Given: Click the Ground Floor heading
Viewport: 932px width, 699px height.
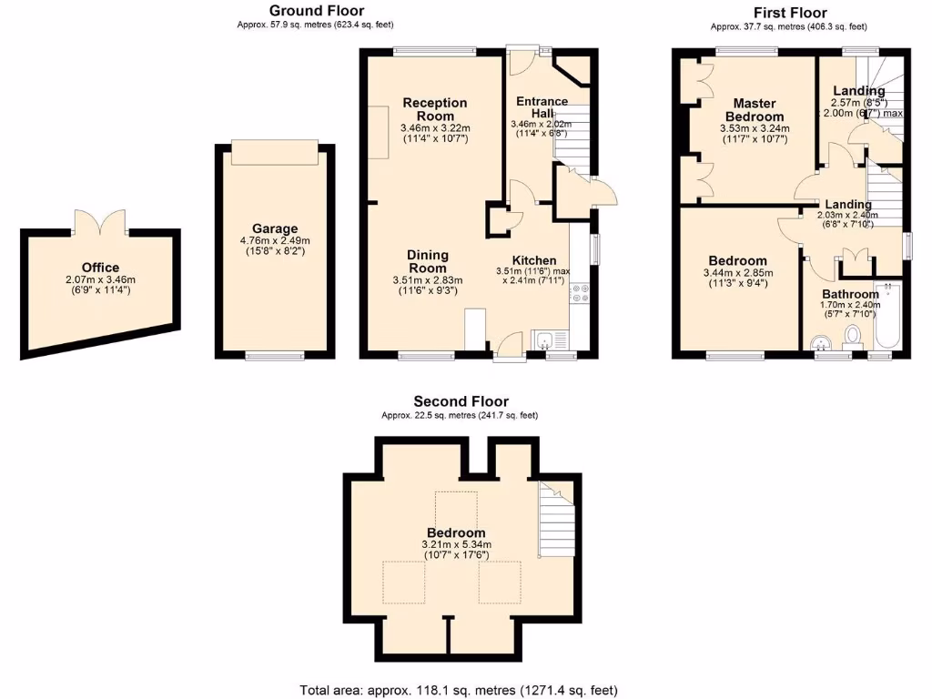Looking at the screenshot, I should click(316, 11).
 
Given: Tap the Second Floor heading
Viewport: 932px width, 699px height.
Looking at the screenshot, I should click(461, 401).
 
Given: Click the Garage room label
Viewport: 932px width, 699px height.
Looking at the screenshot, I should click(276, 229).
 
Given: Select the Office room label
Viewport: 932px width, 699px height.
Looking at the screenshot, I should click(98, 268).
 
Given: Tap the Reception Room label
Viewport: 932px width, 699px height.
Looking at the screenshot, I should click(435, 109).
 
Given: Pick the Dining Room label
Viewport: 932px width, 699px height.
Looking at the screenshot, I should click(427, 262).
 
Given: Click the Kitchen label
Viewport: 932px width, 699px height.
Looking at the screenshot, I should click(533, 259).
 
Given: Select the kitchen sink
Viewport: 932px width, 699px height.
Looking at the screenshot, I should click(543, 341).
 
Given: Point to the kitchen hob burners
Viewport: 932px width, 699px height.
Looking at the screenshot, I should click(579, 293).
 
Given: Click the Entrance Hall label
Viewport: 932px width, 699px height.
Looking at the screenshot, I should click(542, 107).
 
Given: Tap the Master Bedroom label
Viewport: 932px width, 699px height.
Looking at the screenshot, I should click(758, 110).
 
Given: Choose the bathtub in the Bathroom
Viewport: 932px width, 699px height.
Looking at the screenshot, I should click(886, 317).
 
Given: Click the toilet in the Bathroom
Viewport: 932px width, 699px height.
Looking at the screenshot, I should click(853, 337).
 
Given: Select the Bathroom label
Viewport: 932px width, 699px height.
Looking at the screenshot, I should click(850, 294).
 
